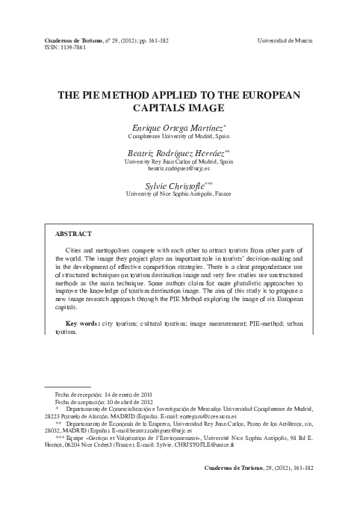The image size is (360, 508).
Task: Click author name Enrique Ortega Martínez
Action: pyautogui.click(x=177, y=130)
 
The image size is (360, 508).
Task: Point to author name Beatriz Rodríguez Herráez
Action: pyautogui.click(x=179, y=152)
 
